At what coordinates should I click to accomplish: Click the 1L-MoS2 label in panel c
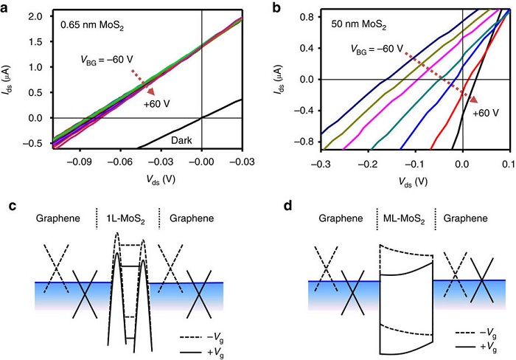(132, 219)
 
